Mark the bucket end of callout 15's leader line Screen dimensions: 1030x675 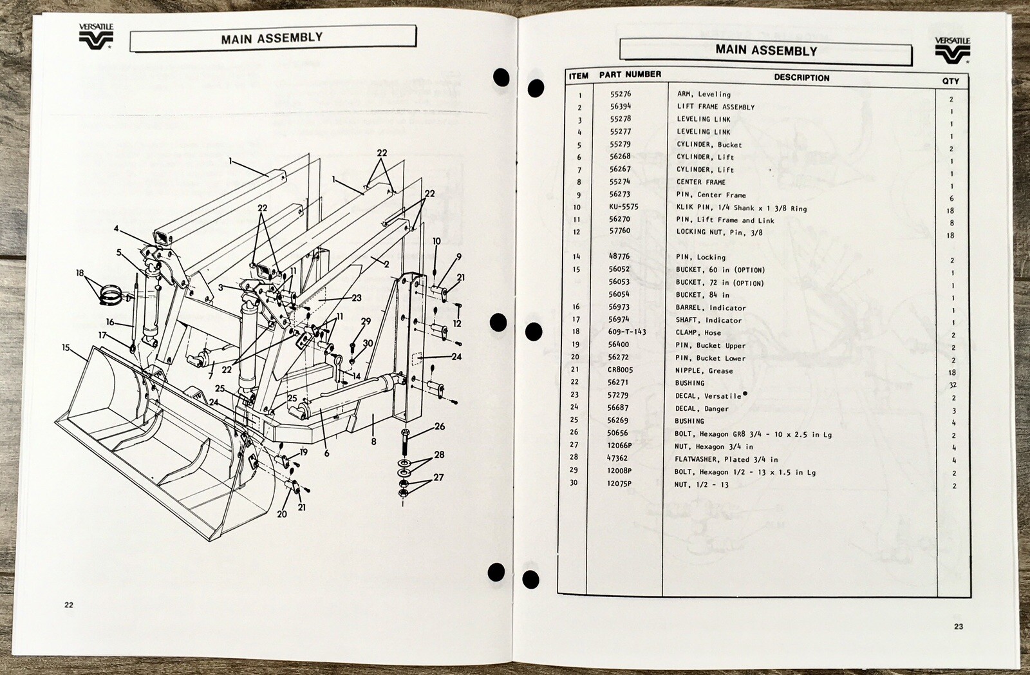click(x=88, y=362)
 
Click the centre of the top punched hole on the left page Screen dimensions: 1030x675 click(x=501, y=77)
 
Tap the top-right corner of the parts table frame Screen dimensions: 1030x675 click(x=968, y=73)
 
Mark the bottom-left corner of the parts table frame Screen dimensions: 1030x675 click(x=557, y=593)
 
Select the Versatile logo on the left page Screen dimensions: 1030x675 click(x=96, y=36)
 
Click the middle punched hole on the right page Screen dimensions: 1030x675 click(x=534, y=331)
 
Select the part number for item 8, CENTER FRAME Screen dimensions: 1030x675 click(x=620, y=182)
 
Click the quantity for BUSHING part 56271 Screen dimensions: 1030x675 click(x=953, y=385)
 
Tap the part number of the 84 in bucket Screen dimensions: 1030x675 click(x=619, y=294)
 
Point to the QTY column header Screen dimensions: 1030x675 click(x=950, y=81)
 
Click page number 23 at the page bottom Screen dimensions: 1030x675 click(x=959, y=626)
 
